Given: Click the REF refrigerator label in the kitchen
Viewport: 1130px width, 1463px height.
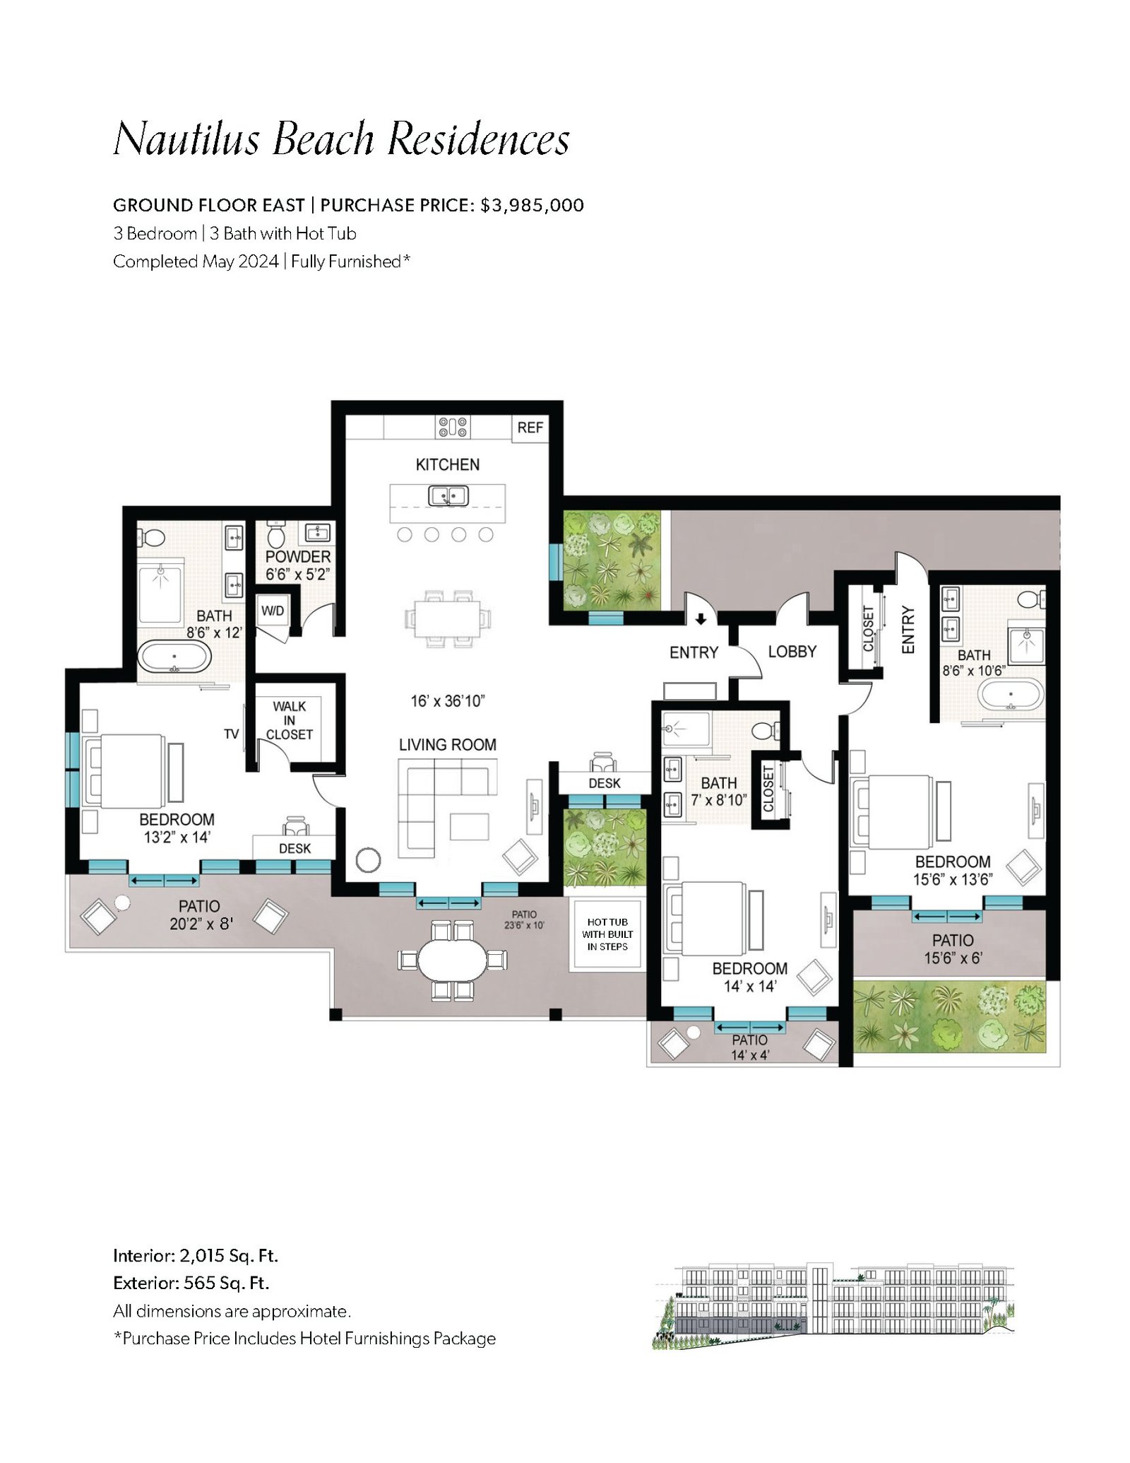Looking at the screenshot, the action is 530,428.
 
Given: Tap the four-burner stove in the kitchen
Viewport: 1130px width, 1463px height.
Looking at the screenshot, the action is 453,427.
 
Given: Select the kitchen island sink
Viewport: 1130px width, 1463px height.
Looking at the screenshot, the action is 448,496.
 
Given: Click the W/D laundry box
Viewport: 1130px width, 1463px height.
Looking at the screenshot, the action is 272,611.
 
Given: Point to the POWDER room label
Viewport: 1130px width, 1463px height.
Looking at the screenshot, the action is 298,557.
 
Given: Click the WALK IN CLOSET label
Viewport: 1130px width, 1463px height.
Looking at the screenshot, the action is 290,720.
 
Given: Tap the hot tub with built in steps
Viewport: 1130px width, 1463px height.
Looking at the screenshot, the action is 607,934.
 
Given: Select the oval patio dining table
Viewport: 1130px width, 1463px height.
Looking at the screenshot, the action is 452,960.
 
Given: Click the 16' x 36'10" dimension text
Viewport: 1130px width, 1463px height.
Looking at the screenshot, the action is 448,701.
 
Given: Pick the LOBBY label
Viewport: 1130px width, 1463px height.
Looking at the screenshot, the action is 792,652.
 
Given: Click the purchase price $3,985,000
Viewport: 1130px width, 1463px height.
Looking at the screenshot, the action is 533,206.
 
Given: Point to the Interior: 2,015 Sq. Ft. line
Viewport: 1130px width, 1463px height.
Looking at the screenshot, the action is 196,1256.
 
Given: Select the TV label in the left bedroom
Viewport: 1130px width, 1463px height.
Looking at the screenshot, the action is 232,734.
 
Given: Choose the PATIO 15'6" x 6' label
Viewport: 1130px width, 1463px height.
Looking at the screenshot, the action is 953,949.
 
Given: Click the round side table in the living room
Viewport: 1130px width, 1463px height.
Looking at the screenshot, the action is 368,860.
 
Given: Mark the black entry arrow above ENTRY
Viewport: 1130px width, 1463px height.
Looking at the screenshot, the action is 701,620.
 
